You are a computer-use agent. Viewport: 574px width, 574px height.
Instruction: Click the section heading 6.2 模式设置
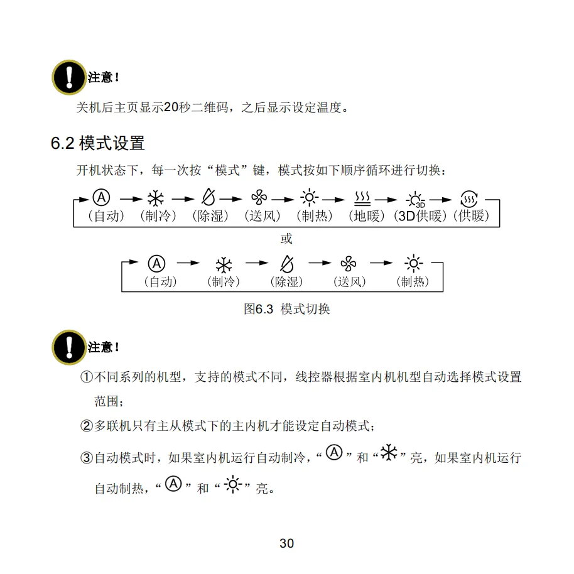point(97,143)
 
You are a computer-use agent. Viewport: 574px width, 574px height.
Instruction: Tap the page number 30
point(286,543)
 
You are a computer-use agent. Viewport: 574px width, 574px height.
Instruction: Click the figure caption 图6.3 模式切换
point(286,309)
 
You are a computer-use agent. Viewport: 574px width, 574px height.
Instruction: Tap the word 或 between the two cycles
point(286,239)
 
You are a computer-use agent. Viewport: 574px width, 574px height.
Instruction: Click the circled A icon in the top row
point(101,198)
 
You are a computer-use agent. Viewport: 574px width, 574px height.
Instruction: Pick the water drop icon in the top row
point(207,198)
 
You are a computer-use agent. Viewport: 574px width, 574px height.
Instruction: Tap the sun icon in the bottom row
point(412,264)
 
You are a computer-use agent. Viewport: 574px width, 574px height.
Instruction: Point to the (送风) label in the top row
point(262,216)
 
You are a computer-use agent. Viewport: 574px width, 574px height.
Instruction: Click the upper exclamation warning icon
point(68,77)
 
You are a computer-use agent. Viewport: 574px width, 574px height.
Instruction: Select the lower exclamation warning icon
point(68,347)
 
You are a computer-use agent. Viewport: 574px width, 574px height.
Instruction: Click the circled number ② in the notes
point(87,426)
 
